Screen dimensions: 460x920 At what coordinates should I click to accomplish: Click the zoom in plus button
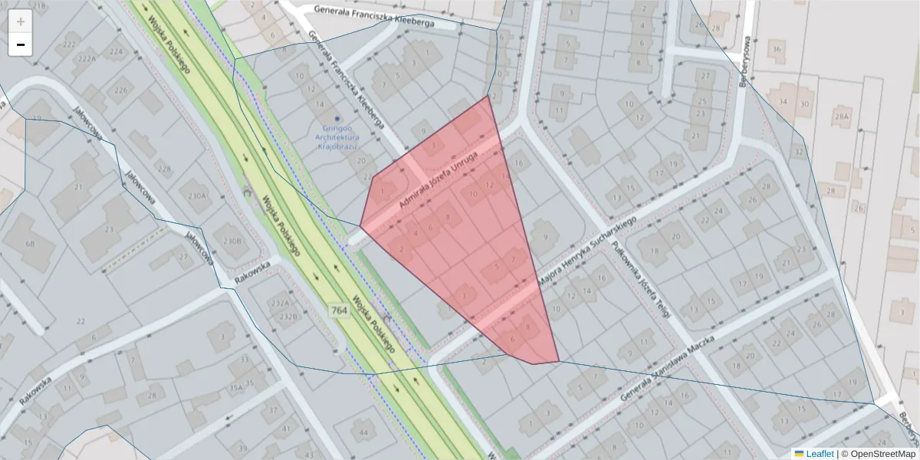coord(21,21)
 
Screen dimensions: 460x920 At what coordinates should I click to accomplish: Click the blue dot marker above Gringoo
coord(337,119)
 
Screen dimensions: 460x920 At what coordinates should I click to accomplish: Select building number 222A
coord(87,58)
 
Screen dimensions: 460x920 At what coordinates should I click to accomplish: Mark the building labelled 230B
coord(232,240)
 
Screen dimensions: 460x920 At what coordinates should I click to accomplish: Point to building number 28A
coord(843,117)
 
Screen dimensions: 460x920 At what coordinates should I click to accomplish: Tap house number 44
coord(363,432)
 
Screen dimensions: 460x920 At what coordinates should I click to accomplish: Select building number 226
coord(121,90)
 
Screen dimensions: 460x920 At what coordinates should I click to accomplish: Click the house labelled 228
coord(163,169)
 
